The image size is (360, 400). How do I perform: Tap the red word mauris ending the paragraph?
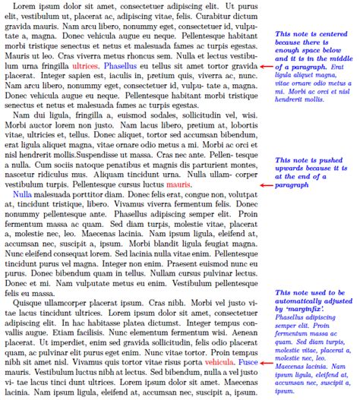[x=178, y=184]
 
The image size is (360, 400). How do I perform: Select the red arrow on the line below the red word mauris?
[x=265, y=185]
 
